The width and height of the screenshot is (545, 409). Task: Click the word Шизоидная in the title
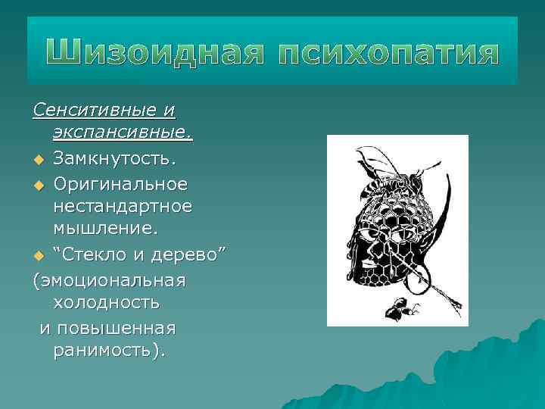point(152,55)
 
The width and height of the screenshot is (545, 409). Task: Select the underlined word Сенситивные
point(95,111)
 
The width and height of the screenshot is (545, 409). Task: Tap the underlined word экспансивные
point(122,135)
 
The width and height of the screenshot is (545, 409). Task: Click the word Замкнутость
point(114,159)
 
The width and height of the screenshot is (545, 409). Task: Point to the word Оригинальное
point(120,183)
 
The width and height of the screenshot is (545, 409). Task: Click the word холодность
point(107,303)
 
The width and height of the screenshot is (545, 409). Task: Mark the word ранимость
point(110,351)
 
